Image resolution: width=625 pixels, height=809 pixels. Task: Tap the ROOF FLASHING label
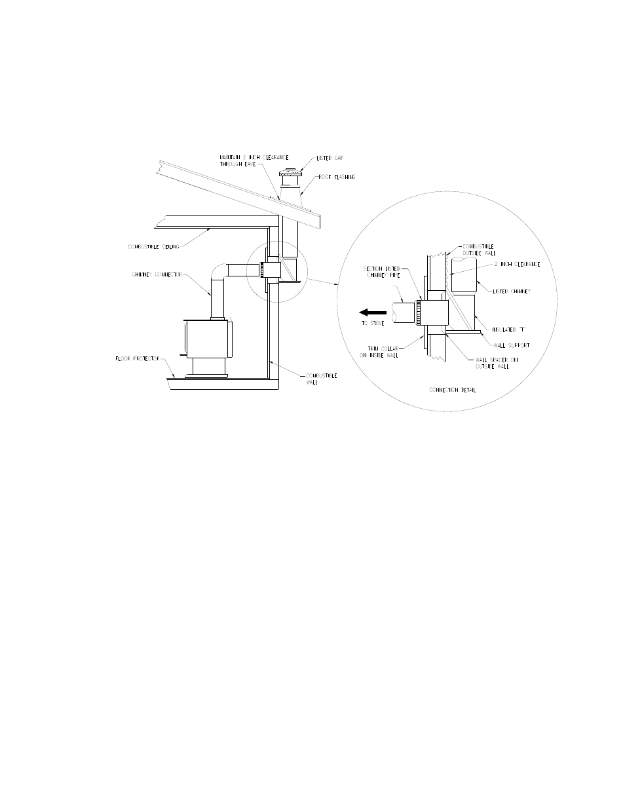point(337,177)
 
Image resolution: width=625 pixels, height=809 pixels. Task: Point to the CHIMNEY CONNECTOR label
point(156,274)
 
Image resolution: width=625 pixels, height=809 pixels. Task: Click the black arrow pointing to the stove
point(371,313)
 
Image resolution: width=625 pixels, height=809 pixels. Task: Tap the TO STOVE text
point(372,324)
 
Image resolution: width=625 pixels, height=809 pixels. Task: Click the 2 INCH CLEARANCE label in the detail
point(518,264)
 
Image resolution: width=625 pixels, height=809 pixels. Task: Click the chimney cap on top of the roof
point(289,174)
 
